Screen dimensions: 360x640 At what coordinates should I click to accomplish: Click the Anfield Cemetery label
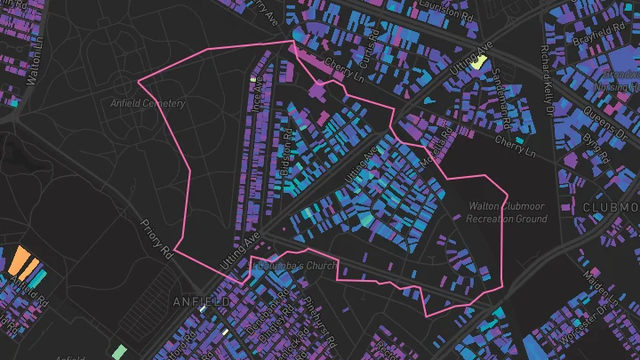(147, 104)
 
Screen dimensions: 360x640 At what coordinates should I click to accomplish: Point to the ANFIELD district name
(200, 302)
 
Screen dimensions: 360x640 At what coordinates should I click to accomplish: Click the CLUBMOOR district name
(611, 206)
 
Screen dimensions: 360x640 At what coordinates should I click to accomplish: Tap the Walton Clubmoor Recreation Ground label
(507, 212)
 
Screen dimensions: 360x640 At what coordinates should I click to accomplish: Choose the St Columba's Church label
(292, 265)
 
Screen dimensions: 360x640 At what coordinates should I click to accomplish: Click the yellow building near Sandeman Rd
(478, 62)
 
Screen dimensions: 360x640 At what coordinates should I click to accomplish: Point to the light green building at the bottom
(119, 351)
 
